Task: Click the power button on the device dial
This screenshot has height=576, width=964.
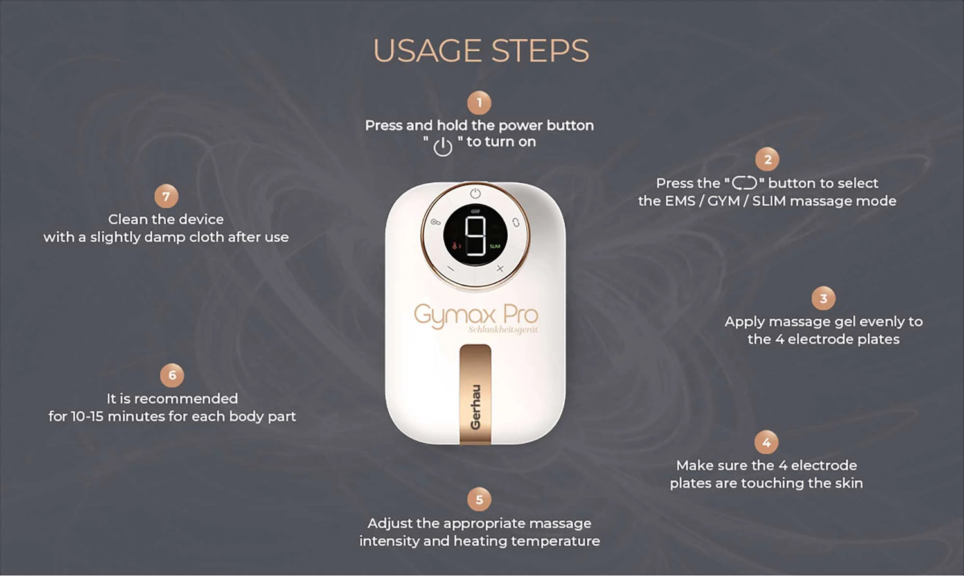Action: [x=475, y=194]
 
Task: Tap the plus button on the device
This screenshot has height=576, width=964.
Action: [x=499, y=269]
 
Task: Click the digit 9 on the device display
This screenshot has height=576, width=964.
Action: [x=476, y=235]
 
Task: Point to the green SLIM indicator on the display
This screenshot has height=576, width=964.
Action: [x=495, y=246]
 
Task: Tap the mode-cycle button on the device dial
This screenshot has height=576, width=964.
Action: [x=515, y=222]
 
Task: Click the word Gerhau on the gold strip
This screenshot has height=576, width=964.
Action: [x=475, y=407]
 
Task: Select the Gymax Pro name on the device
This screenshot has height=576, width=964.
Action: [x=476, y=316]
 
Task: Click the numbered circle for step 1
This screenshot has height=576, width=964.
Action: [x=479, y=103]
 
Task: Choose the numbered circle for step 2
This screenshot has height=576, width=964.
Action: [x=767, y=159]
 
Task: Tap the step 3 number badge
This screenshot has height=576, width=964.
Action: [x=823, y=298]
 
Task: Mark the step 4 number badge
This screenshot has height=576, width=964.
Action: [x=767, y=442]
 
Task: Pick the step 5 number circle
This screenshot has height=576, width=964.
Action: [x=479, y=500]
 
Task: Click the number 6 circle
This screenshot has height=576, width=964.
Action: [x=172, y=375]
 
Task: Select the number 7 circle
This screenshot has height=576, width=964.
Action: [x=166, y=196]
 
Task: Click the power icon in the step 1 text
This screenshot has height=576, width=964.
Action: [x=442, y=147]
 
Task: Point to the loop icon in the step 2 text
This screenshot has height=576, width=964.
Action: [x=744, y=183]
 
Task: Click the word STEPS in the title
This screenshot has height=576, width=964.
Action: [x=540, y=51]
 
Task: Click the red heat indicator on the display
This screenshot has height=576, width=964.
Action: [x=456, y=246]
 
